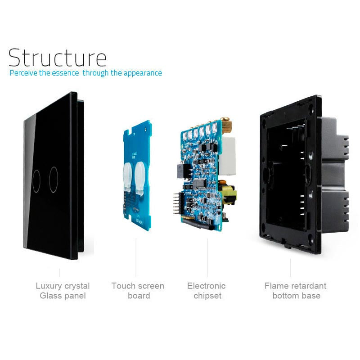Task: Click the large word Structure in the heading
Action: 57,58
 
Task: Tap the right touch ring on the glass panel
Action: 54,180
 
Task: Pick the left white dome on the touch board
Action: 127,176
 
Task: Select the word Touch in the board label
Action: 122,286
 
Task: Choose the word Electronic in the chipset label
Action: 206,286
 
